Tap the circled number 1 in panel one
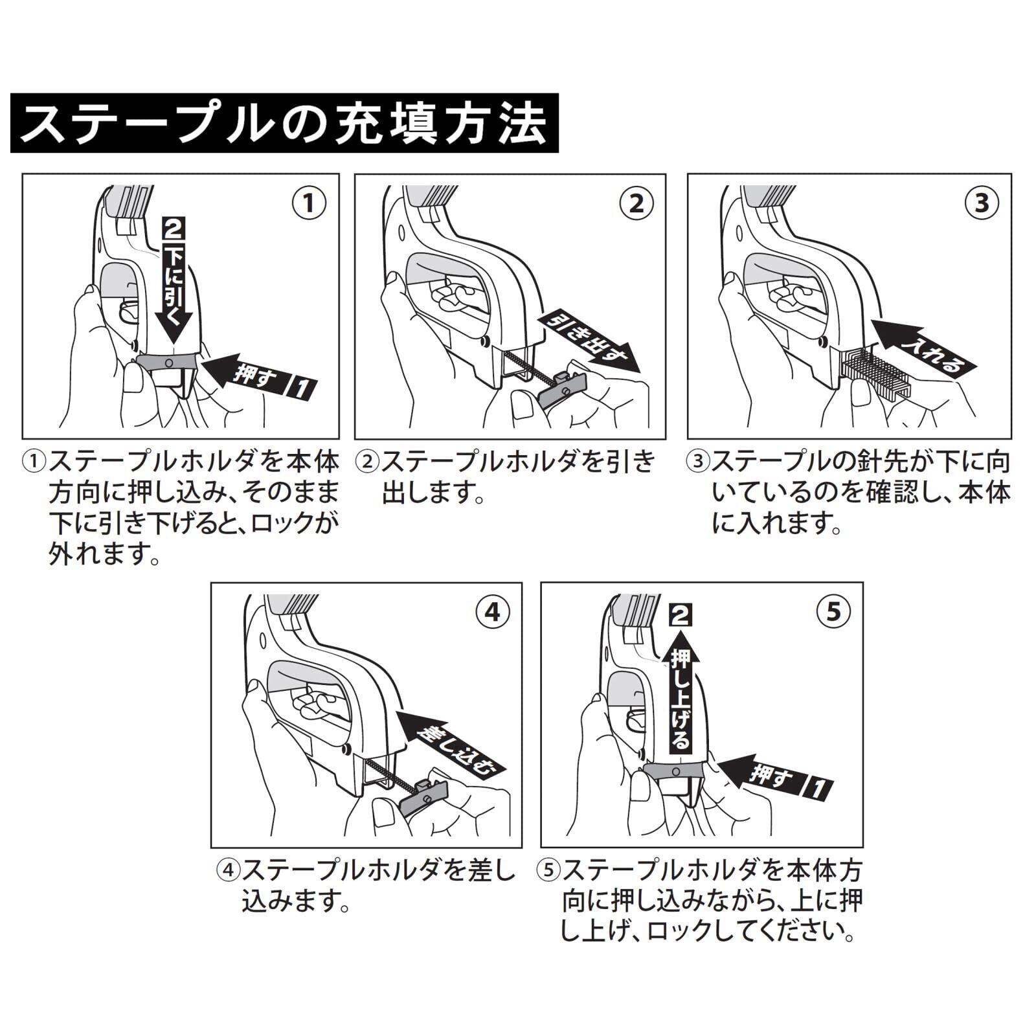click(309, 203)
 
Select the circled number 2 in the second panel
click(636, 203)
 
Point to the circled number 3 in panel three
click(982, 203)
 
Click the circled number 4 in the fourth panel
click(492, 611)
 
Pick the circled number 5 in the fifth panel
click(833, 611)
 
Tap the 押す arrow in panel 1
click(259, 376)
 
